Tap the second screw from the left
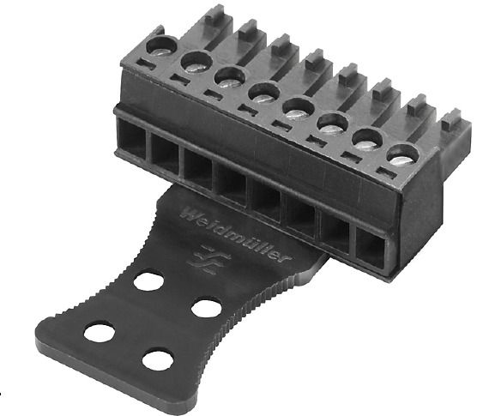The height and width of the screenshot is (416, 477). coord(196,61)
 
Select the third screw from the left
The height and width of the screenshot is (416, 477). coord(230,76)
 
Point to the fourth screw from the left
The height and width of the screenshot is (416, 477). coord(263,91)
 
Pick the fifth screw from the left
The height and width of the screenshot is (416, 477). coord(298,107)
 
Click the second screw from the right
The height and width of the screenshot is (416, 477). coord(367,138)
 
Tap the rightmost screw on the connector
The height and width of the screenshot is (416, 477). coord(401,154)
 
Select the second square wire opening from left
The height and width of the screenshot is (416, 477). coord(166,155)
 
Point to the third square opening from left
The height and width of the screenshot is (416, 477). coord(199,169)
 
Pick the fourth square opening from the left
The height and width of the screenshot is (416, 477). coord(232,184)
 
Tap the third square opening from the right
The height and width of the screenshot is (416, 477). coord(299,217)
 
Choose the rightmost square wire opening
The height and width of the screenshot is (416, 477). coord(372,250)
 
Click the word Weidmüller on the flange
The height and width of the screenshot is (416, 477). coord(237,232)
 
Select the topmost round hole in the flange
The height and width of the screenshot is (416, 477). coord(149,281)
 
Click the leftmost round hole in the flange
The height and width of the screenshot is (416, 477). coord(100,333)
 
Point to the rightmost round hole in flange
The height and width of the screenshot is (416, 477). coord(207,307)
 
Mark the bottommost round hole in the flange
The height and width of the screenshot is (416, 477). coord(158,359)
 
